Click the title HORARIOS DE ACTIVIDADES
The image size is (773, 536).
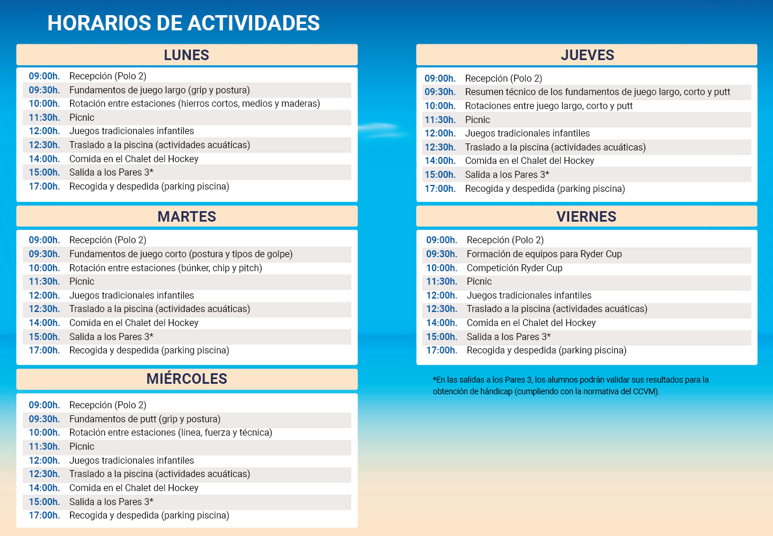coord(183,23)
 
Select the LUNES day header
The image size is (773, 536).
coord(186,55)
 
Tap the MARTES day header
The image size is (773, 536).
coord(186,216)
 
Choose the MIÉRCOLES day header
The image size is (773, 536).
coord(186,379)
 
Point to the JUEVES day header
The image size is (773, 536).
coord(587,55)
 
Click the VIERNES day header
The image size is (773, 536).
coord(586,216)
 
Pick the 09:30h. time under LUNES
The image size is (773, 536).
coord(44,90)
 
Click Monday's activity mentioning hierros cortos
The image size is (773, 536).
coord(194,104)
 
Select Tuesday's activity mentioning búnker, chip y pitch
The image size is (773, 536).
coord(165,268)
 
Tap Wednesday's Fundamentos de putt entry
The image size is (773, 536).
coord(145,419)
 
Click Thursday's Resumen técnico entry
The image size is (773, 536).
coord(597,92)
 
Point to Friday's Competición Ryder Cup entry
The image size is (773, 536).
coord(514,268)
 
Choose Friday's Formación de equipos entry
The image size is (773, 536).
coord(544,254)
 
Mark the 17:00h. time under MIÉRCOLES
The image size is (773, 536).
coord(44,516)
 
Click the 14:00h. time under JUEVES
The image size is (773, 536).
coord(440,161)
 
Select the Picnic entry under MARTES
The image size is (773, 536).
coord(82,282)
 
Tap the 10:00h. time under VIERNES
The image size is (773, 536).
coord(441,268)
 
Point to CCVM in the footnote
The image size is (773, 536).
coord(645,392)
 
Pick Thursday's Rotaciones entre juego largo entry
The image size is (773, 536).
coord(549,106)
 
